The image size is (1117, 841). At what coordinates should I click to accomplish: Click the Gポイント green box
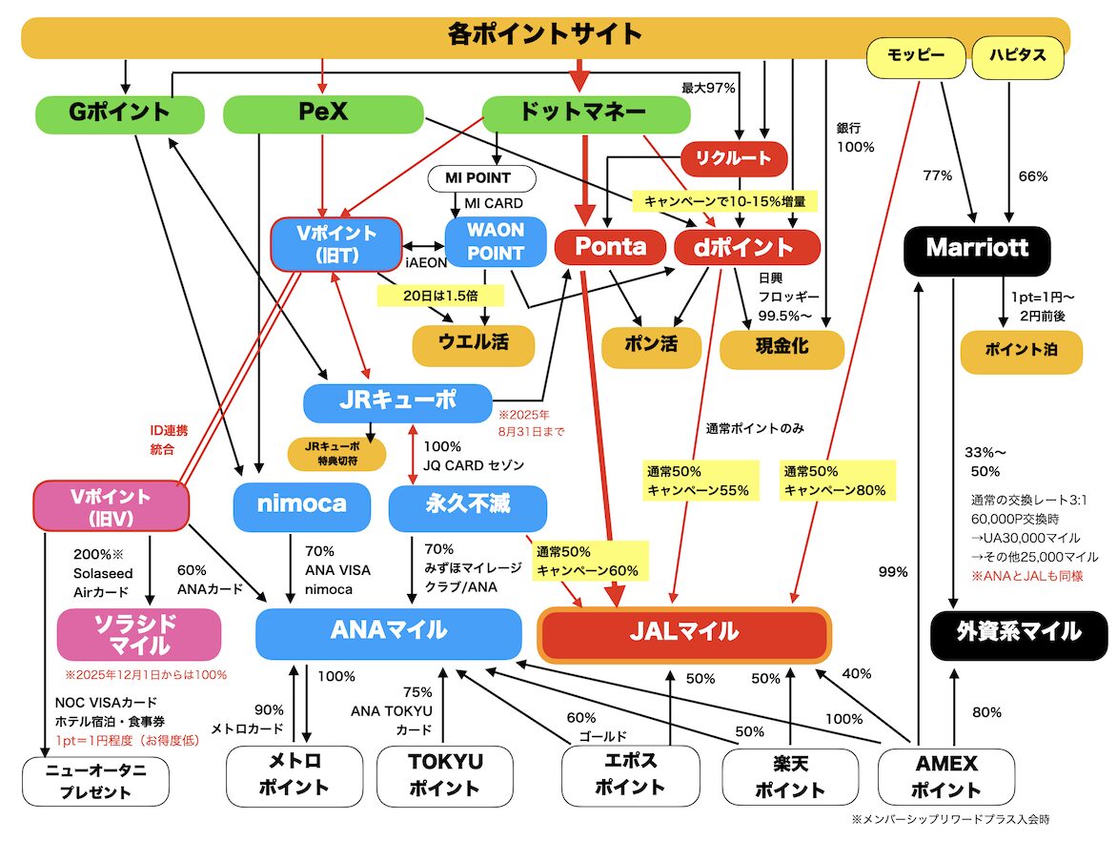[x=119, y=113]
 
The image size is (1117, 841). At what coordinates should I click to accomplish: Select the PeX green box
[x=323, y=113]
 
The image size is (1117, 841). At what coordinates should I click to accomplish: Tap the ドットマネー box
[x=585, y=113]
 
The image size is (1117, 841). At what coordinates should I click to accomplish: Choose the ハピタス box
[x=1016, y=56]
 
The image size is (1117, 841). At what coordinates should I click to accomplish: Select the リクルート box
[x=734, y=158]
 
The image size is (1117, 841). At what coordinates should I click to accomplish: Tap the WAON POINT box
[x=496, y=241]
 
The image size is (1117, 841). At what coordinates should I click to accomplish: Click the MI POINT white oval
[x=482, y=178]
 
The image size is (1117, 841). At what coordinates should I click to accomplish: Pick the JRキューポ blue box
[x=397, y=402]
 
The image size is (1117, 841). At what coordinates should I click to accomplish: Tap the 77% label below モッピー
[x=937, y=176]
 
